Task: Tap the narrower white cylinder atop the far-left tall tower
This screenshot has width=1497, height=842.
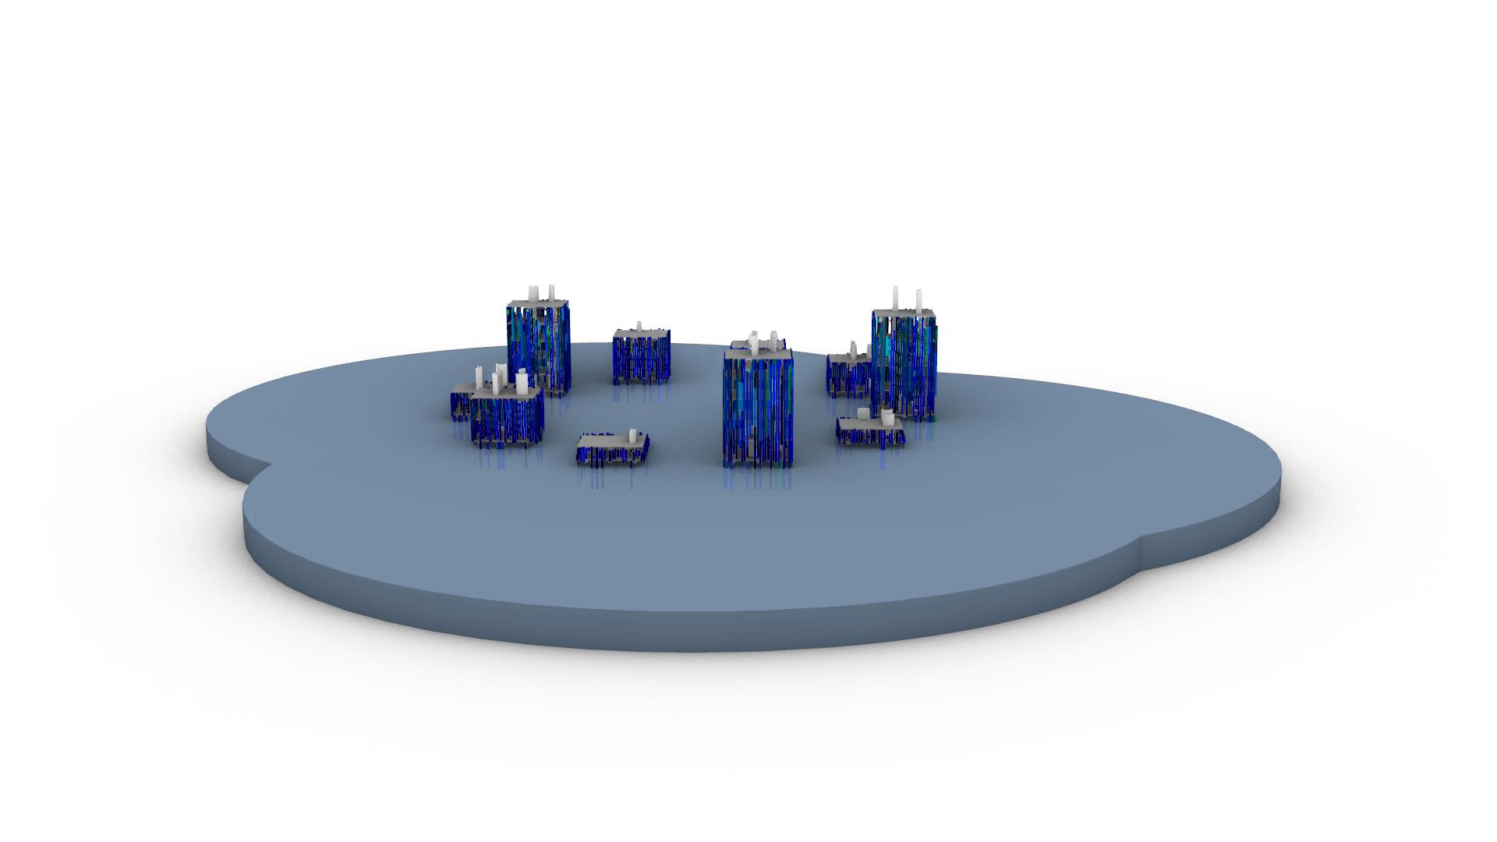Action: pos(552,292)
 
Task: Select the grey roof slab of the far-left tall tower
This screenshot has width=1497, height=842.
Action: pos(538,302)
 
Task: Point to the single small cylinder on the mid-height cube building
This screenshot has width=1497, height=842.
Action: pos(640,325)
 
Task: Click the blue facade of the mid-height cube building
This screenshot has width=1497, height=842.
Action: pos(641,359)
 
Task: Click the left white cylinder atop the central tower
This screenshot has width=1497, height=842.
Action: pos(754,340)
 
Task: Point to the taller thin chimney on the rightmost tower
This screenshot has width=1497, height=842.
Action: pos(896,298)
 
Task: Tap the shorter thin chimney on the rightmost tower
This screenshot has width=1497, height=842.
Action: pos(918,300)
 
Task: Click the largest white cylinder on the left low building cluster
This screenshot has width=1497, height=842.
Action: pos(522,381)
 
